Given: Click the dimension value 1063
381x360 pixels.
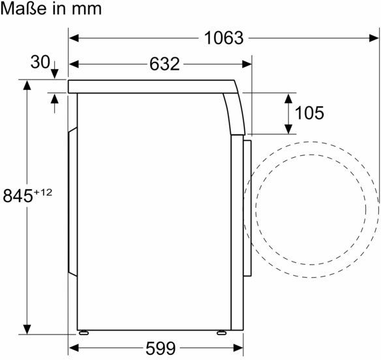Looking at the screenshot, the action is point(224,38).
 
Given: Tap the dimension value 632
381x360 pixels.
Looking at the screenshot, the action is point(164,64).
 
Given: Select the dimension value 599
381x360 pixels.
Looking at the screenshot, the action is point(160,348).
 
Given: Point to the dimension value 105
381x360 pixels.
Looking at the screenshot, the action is point(309,113).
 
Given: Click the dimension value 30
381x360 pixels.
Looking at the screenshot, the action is point(40,62).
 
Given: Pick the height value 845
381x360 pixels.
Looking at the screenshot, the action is point(18,196).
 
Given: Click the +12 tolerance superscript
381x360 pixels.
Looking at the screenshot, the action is point(43,192).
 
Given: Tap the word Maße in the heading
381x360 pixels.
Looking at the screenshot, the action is point(23,8).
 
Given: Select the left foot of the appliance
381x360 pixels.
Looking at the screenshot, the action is point(84,333).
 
